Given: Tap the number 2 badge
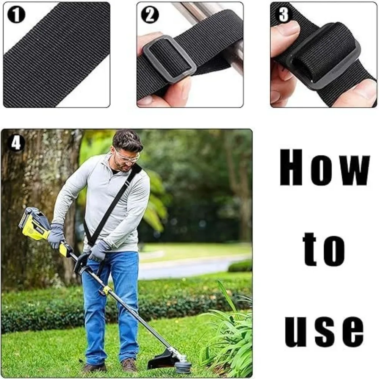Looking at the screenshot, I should [150, 15].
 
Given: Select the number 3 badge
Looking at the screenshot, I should [283, 14].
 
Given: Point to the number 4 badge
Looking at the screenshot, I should [16, 143].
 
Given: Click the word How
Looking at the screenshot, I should [325, 168].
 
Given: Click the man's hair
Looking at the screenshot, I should [127, 139].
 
